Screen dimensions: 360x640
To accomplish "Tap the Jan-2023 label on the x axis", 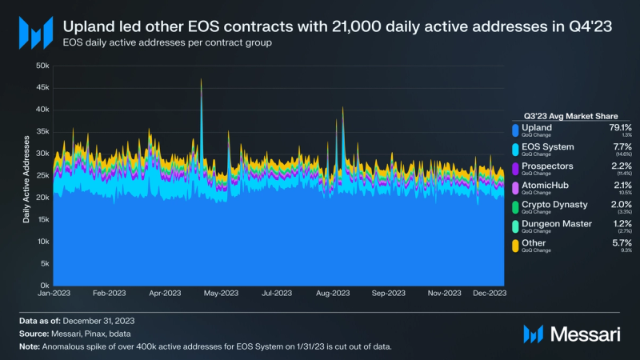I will (x=54, y=294).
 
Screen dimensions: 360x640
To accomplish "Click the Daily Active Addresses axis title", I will (x=27, y=179).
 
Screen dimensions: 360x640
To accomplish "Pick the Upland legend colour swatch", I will (x=514, y=129).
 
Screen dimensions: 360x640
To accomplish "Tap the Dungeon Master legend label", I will (x=557, y=223).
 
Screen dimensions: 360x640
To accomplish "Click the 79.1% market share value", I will (x=620, y=126).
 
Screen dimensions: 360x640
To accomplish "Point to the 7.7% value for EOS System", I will (x=622, y=146).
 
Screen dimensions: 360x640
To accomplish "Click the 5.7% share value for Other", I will (x=622, y=242).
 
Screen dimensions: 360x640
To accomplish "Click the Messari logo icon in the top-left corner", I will (x=35, y=31).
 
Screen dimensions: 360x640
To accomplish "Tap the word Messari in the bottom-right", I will (x=588, y=333).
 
